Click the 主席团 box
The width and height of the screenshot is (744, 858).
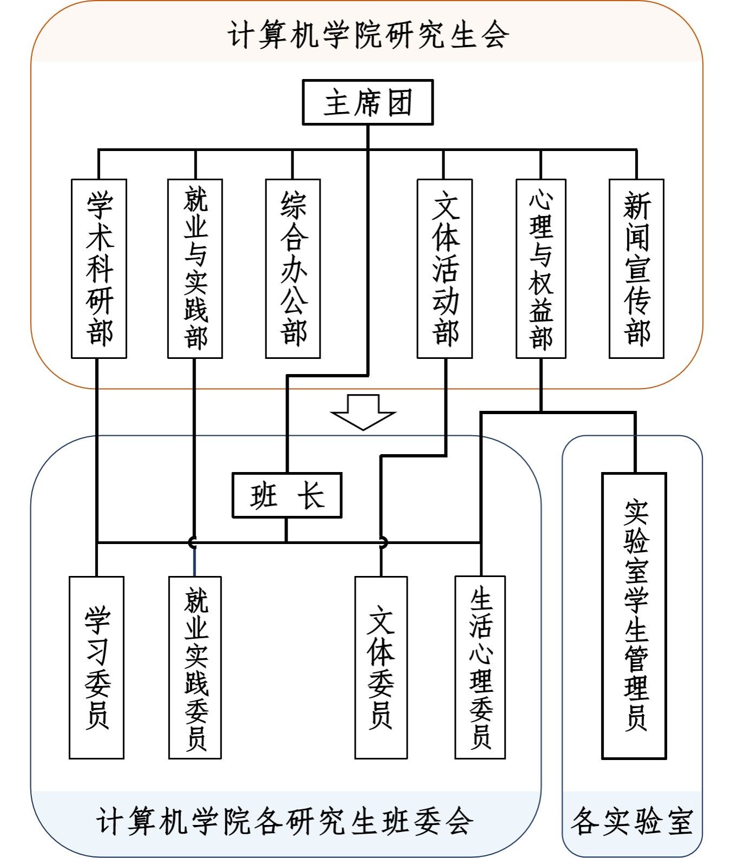tap(368, 102)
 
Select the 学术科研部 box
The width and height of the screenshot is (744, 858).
tap(99, 268)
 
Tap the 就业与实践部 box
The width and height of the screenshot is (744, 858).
tap(195, 268)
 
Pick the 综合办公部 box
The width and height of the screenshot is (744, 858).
tap(293, 268)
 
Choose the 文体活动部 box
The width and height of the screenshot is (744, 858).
tap(445, 268)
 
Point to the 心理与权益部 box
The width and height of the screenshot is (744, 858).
tap(541, 268)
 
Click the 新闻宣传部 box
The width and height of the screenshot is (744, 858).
tap(636, 268)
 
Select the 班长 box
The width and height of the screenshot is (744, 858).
tap(287, 495)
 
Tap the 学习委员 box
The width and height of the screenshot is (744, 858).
tap(96, 667)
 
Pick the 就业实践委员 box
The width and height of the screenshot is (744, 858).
tap(195, 667)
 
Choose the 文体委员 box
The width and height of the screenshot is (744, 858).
tap(381, 667)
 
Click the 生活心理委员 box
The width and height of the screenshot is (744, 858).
tap(480, 667)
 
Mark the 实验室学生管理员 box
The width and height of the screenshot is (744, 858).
tap(634, 616)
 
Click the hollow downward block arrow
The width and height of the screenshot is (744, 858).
tap(363, 412)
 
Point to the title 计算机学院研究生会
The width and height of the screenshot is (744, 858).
tap(368, 36)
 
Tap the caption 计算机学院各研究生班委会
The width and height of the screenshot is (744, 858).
tap(285, 822)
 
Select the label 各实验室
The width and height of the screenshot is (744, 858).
tap(632, 822)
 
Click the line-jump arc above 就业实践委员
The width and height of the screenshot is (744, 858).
tap(192, 541)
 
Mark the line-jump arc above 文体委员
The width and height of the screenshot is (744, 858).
tap(383, 541)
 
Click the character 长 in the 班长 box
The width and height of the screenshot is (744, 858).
tap(311, 495)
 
